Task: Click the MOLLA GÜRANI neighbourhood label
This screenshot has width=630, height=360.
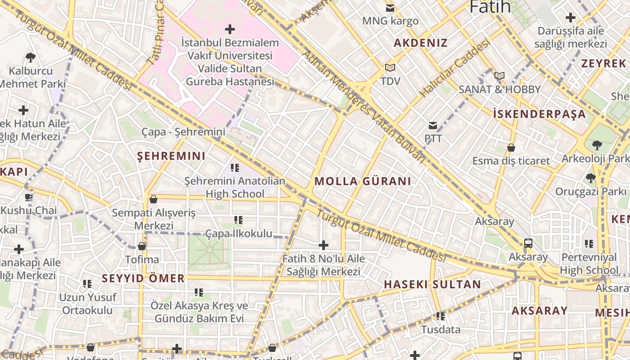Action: click(x=363, y=181)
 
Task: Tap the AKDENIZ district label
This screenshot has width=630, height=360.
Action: click(x=421, y=43)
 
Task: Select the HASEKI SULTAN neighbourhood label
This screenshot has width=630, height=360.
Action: click(x=432, y=284)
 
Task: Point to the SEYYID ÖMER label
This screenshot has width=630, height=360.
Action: click(x=143, y=279)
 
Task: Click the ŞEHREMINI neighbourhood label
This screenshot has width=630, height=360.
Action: click(x=171, y=156)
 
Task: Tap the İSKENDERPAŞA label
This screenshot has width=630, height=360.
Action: click(x=540, y=114)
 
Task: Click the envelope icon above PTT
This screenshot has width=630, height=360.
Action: click(x=433, y=126)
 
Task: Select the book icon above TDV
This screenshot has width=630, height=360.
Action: click(x=390, y=68)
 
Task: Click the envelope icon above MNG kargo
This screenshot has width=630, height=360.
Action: click(x=390, y=8)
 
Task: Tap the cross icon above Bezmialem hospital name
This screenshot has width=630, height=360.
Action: click(x=229, y=30)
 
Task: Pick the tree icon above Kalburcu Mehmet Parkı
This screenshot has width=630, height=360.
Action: click(x=31, y=58)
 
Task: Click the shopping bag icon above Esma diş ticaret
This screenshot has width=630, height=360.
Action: click(x=511, y=148)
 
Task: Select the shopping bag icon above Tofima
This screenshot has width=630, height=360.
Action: click(x=142, y=246)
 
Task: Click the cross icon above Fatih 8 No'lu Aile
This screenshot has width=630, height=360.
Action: click(x=323, y=245)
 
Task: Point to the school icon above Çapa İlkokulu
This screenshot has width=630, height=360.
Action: click(x=238, y=220)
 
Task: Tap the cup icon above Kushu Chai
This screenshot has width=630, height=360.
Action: click(x=28, y=197)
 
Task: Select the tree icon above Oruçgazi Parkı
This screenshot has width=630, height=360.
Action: click(x=590, y=178)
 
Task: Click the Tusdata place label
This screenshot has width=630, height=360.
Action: click(x=441, y=329)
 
